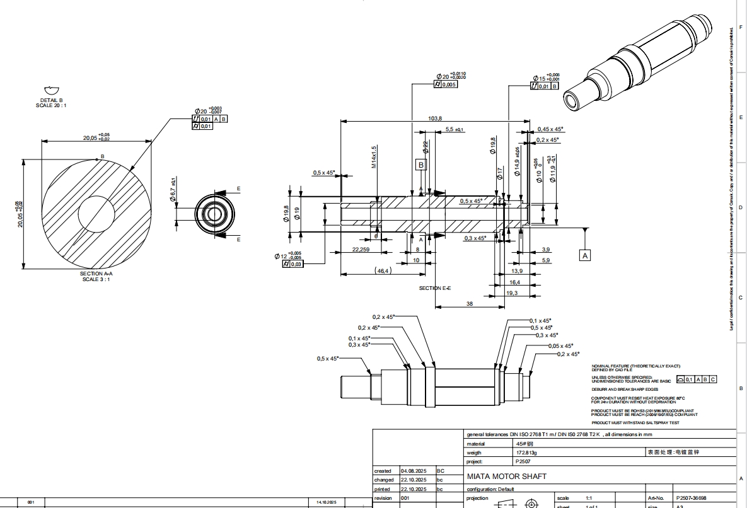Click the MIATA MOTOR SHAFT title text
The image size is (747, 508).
point(506,476)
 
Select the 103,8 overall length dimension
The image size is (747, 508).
point(435,118)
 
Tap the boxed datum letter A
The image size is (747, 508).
point(585,255)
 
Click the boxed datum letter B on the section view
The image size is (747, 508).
point(421,165)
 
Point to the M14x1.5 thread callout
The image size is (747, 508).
point(374,157)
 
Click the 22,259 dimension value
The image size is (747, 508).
point(360,250)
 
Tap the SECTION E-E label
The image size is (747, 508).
point(435,288)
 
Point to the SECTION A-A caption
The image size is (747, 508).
point(96,276)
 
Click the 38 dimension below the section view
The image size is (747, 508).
point(469,303)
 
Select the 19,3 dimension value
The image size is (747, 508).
point(512,293)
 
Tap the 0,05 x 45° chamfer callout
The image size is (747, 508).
point(560,346)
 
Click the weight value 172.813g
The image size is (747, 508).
point(526,453)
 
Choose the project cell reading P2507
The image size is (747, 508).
point(524,461)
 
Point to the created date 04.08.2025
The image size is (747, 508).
point(413,471)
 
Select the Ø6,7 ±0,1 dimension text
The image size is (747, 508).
point(172,191)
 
